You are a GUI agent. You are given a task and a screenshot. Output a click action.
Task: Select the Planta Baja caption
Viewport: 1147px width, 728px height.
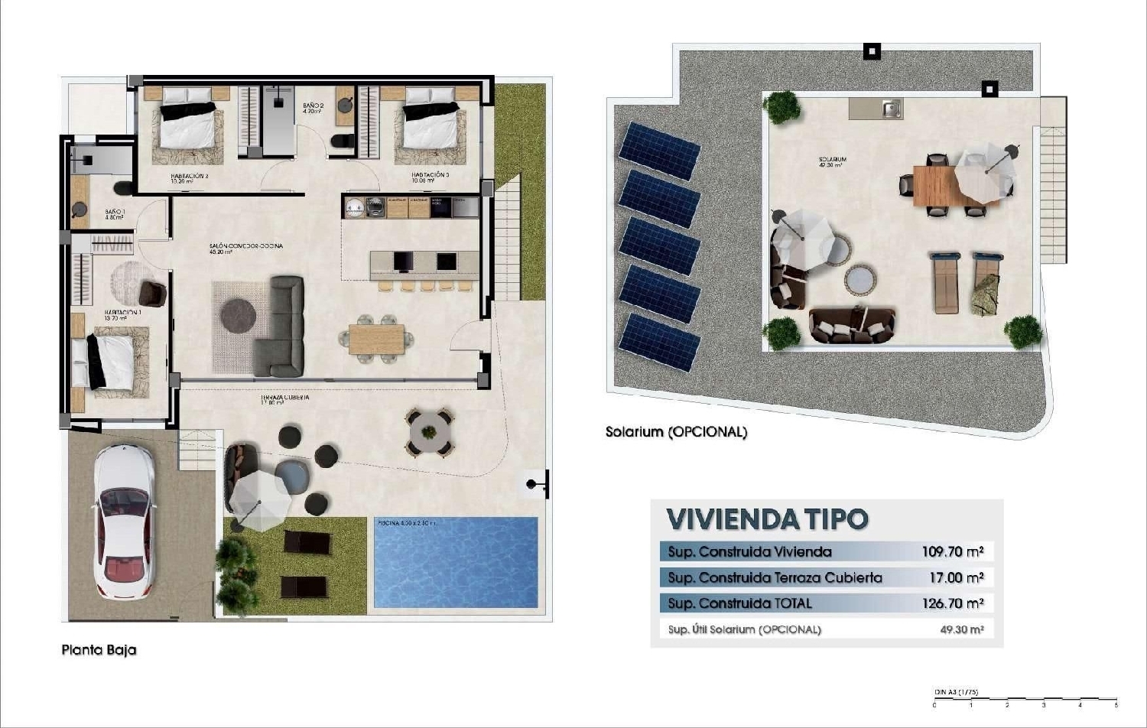click(99, 650)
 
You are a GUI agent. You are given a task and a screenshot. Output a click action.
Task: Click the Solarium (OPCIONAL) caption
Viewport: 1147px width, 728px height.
click(676, 432)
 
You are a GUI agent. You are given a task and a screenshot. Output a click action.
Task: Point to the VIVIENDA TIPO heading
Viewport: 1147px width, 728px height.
click(767, 519)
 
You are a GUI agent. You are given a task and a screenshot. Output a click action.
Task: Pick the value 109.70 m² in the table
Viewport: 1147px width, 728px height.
click(952, 551)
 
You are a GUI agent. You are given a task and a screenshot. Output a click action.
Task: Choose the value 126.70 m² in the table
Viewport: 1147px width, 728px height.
click(952, 603)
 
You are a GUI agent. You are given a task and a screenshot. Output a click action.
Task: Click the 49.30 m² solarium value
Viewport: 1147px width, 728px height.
click(961, 630)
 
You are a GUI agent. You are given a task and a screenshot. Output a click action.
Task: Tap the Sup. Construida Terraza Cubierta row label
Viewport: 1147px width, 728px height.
click(775, 577)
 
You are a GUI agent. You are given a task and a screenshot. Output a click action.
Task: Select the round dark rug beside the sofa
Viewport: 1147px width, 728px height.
click(239, 315)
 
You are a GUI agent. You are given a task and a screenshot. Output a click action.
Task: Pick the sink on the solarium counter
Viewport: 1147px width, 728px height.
click(891, 109)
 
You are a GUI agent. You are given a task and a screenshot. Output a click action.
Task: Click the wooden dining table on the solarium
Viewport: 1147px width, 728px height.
click(937, 186)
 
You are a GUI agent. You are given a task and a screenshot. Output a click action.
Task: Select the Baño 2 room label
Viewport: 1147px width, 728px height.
click(314, 107)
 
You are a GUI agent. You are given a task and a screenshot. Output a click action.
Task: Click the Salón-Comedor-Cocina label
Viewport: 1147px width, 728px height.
click(246, 247)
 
